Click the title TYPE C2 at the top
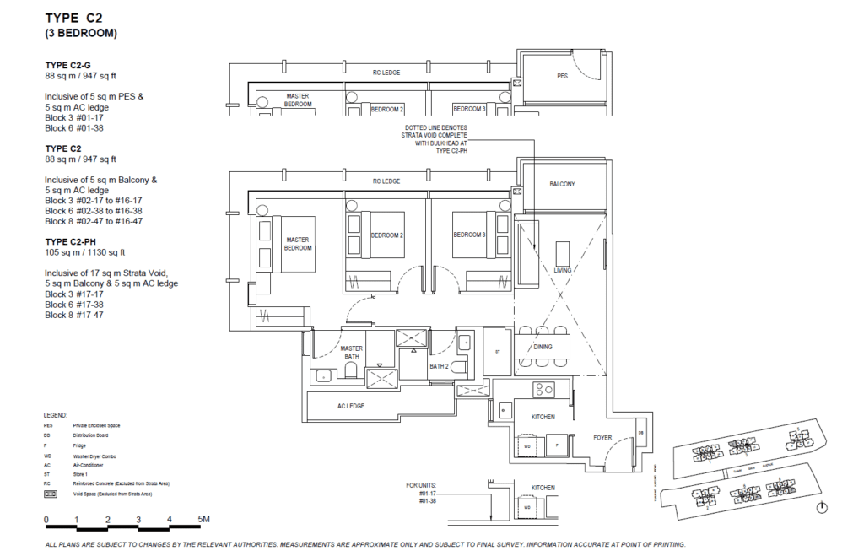74,18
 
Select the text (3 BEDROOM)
81,34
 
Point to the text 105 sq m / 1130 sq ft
84,252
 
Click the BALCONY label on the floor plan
563,184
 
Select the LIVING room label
562,270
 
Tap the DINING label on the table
543,347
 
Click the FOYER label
602,438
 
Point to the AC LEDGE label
350,406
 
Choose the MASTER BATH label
351,354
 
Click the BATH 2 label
439,367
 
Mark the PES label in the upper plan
562,76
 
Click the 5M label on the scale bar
204,519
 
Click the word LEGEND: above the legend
56,416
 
